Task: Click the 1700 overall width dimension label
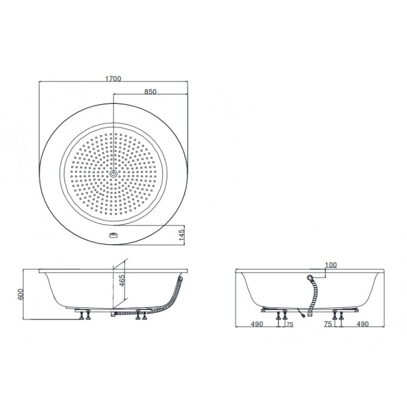coord(114,79)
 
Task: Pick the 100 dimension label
coord(331,265)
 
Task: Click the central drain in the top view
coord(113,174)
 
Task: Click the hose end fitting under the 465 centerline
coord(113,314)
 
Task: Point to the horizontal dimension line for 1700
coord(114,83)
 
